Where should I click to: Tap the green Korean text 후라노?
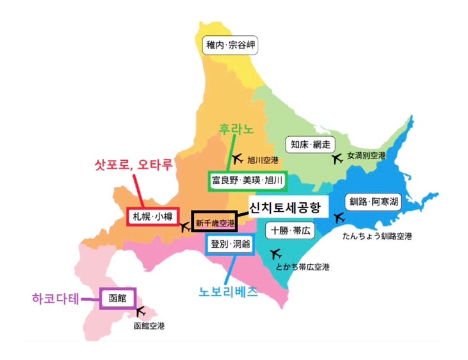[x=236, y=129]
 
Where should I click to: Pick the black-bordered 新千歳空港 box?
[x=215, y=221]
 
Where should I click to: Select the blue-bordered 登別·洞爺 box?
[x=230, y=244]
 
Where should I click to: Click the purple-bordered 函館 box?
[x=118, y=298]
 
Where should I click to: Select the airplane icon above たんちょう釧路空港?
[x=340, y=218]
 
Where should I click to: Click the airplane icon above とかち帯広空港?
[x=275, y=254]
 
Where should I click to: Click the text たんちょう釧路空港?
[x=377, y=237]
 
